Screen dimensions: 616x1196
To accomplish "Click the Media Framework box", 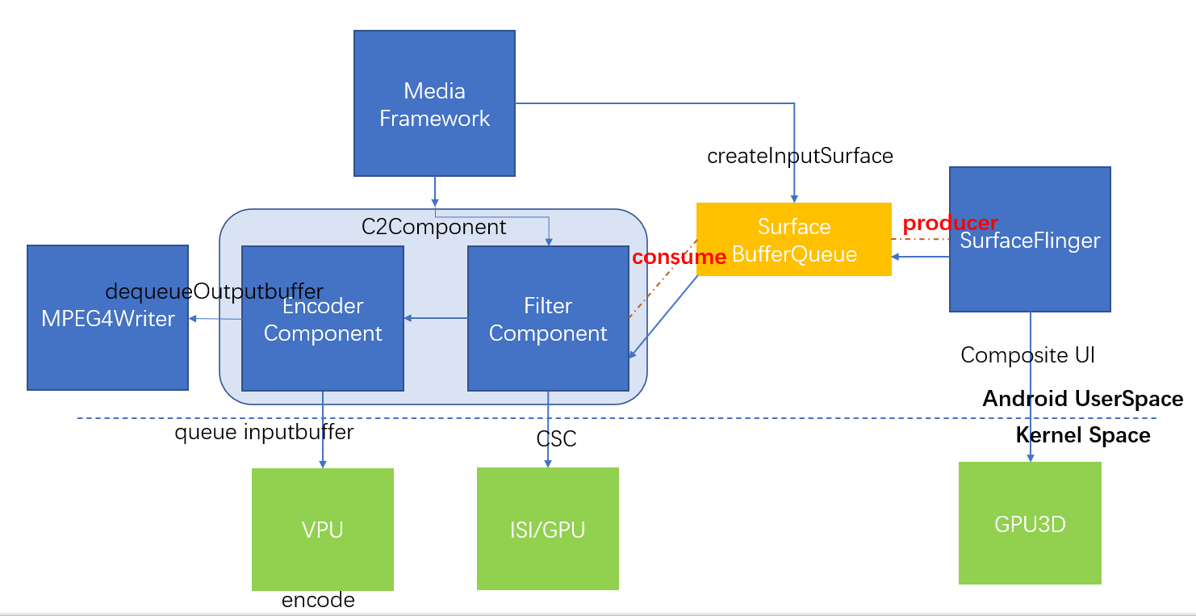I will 434,103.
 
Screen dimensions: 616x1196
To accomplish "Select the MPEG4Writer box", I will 107,339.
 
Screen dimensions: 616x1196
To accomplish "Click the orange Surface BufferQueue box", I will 793,240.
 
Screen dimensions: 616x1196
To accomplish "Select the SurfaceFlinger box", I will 1030,274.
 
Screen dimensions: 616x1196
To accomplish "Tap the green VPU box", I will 323,530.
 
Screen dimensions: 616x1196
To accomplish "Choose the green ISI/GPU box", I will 548,530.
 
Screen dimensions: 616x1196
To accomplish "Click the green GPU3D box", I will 1030,523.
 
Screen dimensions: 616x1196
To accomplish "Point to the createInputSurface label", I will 800,156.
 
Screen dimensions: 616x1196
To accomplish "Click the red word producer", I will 950,223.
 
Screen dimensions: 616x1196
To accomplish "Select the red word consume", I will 679,257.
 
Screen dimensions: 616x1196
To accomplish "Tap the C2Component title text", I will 433,227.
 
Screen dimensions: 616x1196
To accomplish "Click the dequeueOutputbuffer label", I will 214,291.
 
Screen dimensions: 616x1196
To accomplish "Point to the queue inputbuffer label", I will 264,432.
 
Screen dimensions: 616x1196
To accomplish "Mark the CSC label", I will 556,439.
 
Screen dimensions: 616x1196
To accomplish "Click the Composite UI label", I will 1027,355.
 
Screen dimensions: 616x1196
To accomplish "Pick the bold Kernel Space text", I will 1082,435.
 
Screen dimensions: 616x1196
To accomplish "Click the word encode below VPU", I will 318,600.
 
